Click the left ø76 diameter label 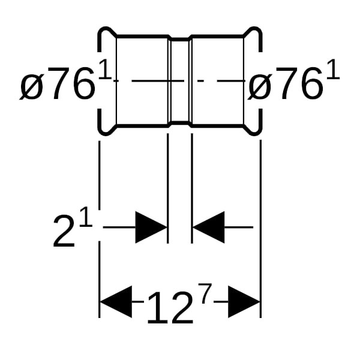click(58, 83)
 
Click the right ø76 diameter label click(284, 83)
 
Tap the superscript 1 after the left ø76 click(104, 69)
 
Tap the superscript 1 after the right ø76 click(333, 69)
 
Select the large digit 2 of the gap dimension click(64, 232)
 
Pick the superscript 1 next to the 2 click(86, 217)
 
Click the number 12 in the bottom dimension click(170, 308)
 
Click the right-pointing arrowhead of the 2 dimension click(151, 227)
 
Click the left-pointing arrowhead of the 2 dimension click(208, 227)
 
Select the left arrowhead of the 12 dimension click(116, 302)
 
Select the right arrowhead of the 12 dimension click(244, 302)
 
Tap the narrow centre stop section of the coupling click(180, 81)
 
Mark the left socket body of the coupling click(142, 81)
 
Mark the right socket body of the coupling click(218, 81)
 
